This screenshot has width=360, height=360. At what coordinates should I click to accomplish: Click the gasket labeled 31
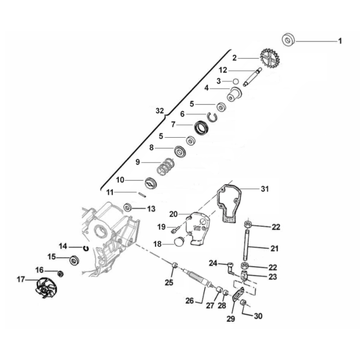[230, 205]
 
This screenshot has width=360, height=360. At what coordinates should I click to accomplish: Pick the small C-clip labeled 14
[85, 247]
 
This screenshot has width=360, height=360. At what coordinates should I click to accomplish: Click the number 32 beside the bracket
[160, 110]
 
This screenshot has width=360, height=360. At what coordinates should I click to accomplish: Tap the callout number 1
[340, 41]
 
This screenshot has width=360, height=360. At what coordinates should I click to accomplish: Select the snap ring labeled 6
[212, 117]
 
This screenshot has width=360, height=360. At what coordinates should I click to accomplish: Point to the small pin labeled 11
[141, 194]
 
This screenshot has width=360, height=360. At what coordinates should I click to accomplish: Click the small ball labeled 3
[235, 81]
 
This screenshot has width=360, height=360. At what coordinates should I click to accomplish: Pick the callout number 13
[151, 208]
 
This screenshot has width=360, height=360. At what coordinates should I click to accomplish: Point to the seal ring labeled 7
[201, 128]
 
